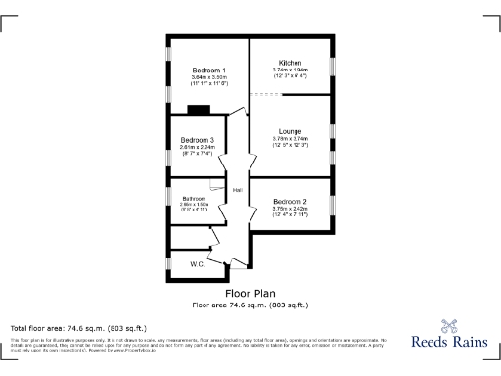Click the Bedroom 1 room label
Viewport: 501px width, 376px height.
pos(208,70)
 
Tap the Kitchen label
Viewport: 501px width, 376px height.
pos(290,63)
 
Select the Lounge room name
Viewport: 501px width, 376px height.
pos(290,131)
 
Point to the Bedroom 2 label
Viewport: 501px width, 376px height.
pos(291,201)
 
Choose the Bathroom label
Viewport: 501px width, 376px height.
pos(193,198)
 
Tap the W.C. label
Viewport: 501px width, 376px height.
pos(196,264)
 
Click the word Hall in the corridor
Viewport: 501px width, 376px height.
pos(237,190)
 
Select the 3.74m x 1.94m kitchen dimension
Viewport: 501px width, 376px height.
pos(290,70)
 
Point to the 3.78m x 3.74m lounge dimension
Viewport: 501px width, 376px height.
pos(290,139)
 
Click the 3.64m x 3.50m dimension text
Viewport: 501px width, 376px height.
pos(208,77)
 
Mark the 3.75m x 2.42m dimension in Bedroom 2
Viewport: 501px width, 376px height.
pos(291,208)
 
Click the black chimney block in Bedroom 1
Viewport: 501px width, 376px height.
pos(199,110)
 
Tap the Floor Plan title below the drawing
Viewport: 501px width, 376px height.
pos(250,293)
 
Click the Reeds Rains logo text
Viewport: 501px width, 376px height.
pos(451,346)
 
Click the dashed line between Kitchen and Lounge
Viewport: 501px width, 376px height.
pos(269,94)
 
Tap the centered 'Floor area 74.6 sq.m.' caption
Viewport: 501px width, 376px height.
pos(250,305)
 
